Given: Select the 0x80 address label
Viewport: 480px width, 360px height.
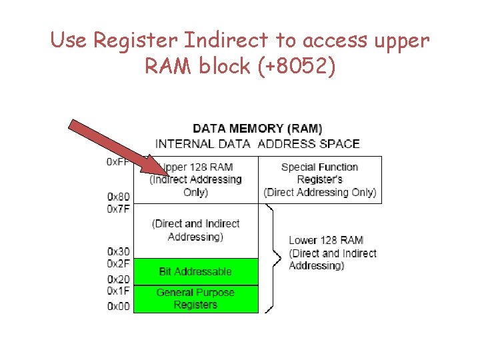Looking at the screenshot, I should tap(119, 197).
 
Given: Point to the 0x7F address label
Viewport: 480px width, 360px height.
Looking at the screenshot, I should tap(119, 209).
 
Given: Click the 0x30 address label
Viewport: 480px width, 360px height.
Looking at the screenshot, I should tap(119, 251).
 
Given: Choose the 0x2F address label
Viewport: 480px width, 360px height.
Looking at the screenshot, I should tap(119, 263).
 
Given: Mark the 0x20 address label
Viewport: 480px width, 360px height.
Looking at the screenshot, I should tap(119, 280).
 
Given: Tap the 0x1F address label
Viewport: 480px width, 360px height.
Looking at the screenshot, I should tap(119, 291).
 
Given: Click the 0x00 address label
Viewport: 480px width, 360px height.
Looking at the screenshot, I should tap(119, 306).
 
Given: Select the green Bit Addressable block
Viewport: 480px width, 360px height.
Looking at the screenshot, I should tap(195, 271).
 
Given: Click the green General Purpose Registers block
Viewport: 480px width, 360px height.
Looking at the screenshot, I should tap(195, 298).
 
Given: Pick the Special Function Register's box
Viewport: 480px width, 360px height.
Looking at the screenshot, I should tap(319, 180).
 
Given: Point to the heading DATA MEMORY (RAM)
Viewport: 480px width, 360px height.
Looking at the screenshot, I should tap(257, 128).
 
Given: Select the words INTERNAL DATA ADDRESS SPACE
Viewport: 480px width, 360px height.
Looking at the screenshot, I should tap(257, 143).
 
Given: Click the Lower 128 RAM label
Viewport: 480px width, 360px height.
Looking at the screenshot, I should tap(325, 240).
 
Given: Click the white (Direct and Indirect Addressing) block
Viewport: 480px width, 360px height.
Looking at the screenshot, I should tap(195, 230).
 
